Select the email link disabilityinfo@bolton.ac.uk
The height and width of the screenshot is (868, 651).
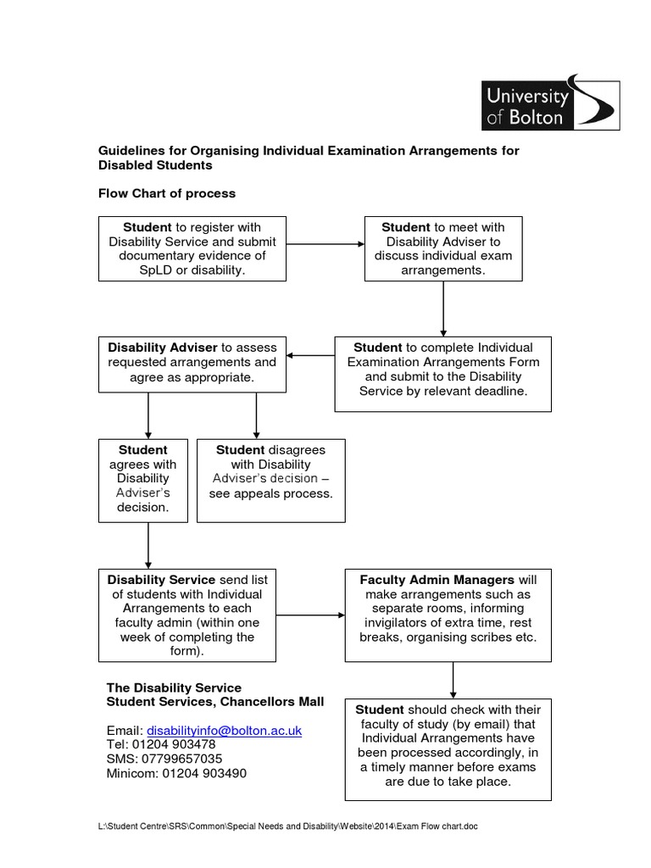[225, 730]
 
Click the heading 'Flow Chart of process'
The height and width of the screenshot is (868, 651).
[167, 193]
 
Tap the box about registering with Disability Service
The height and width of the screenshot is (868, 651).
[192, 248]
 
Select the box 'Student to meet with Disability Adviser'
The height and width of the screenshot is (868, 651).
[442, 248]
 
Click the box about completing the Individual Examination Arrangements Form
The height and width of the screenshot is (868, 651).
[442, 370]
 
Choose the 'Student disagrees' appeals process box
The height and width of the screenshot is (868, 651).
[270, 479]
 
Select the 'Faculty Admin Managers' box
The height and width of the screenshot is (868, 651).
[448, 615]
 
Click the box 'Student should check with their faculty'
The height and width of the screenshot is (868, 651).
[448, 745]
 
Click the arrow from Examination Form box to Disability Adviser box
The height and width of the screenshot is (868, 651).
[311, 355]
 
